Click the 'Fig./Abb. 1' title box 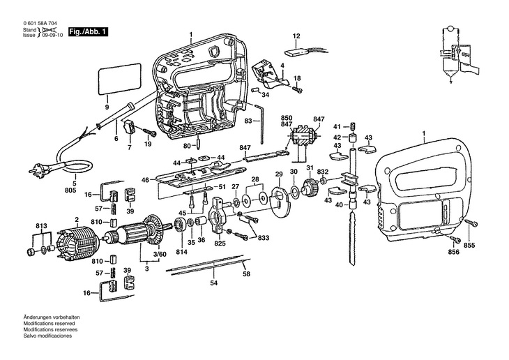click(88, 32)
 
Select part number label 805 click(70, 190)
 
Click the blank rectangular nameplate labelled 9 click(119, 78)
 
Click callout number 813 click(42, 226)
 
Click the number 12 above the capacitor click(296, 36)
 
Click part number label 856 click(453, 252)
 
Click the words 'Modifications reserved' click(49, 323)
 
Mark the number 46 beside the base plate click(146, 180)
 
